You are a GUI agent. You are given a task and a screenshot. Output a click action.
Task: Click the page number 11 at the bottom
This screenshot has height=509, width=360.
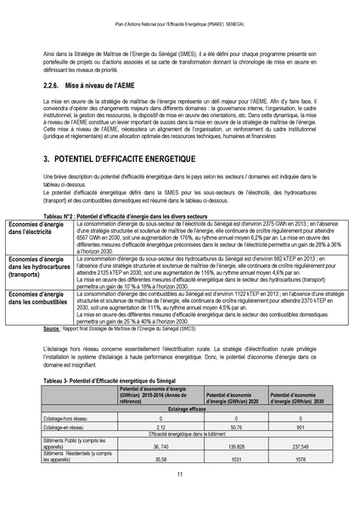179,473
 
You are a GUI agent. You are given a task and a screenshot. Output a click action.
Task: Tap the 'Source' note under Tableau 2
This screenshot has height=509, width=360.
53,327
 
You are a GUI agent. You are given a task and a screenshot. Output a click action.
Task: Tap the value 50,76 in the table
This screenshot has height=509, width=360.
236,428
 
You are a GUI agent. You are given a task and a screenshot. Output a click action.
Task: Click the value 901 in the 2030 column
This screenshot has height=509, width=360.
298,428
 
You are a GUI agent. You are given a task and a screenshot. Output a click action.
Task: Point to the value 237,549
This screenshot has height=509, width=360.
298,445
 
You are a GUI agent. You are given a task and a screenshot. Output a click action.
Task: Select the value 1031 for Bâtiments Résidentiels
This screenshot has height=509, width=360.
236,458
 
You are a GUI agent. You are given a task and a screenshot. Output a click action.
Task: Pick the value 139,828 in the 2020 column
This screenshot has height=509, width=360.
236,445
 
